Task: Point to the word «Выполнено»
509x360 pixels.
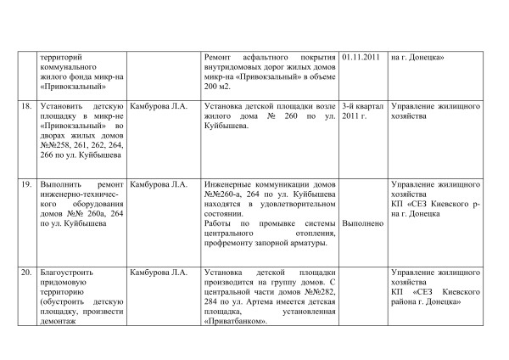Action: (x=362, y=223)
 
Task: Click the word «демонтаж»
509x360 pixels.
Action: (x=61, y=323)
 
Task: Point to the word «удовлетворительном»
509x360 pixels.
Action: (x=287, y=204)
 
